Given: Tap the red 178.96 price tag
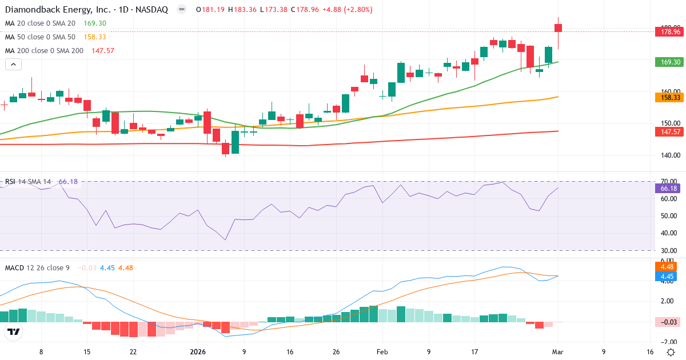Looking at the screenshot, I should tap(669, 31).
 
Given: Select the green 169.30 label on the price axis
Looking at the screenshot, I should tap(669, 62).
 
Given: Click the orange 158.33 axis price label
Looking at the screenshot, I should tap(669, 98).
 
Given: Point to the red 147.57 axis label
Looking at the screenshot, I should tap(669, 132).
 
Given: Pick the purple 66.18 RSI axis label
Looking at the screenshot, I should tap(669, 188).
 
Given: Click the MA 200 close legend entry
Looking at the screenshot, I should tap(44, 51).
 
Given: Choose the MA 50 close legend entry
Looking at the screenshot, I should tap(40, 37).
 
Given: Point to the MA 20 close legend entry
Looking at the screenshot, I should tap(40, 23).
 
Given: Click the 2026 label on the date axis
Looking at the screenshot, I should tap(198, 352).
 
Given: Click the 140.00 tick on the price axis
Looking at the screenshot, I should tap(669, 155).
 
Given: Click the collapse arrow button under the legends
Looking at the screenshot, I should tap(13, 64).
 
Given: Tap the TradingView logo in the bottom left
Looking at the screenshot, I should tap(14, 331).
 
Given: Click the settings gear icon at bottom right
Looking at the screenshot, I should tap(670, 352).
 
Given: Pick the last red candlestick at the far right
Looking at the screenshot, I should tap(559, 27).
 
